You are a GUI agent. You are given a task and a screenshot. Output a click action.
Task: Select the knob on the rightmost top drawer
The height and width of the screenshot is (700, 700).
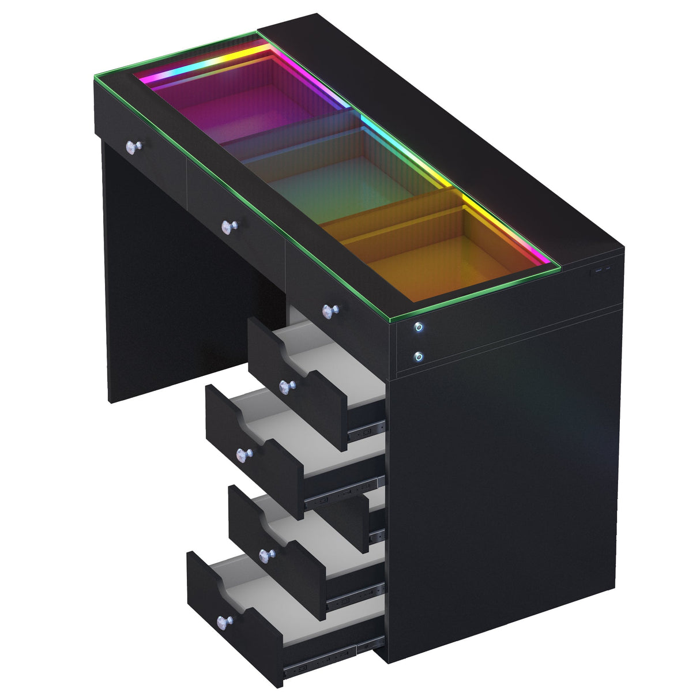tap(329, 311)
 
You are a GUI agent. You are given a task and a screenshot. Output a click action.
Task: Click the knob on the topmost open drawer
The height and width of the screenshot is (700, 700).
tap(285, 386)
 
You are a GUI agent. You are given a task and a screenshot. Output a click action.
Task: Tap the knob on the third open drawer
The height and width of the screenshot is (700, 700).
tap(265, 556)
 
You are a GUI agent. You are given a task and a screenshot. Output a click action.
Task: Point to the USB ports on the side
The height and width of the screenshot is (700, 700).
tap(600, 270)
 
